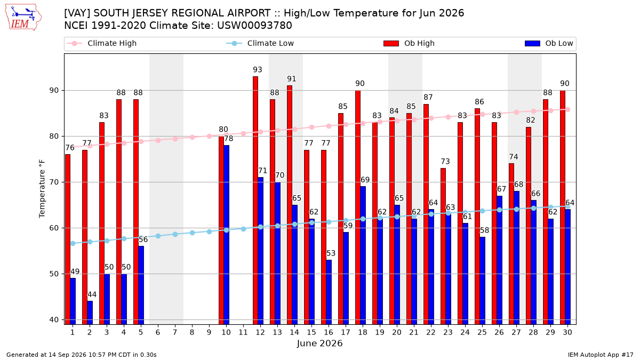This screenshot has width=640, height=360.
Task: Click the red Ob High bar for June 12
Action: tap(255, 201)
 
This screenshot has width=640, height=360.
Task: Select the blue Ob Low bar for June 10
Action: tap(226, 235)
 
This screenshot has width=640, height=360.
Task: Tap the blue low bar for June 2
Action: tap(90, 313)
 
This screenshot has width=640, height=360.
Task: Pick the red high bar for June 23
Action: tap(443, 246)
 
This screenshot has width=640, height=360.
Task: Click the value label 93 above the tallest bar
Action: tap(258, 70)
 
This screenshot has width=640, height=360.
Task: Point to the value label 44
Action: tap(92, 294)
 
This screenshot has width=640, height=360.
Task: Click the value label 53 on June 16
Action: tap(331, 253)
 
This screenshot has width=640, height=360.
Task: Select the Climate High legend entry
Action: tap(102, 43)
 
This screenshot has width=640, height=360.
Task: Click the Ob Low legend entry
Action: tap(549, 43)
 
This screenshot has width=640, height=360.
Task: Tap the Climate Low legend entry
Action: tap(260, 43)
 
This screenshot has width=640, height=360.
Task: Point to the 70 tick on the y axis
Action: tap(54, 182)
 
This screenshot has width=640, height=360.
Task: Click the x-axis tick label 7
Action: tap(175, 333)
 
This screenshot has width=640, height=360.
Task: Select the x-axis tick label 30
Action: tap(567, 333)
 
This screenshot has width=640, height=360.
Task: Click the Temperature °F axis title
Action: tap(42, 189)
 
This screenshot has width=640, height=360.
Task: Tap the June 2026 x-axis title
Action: tap(319, 343)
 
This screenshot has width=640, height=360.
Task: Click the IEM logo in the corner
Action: tap(23, 18)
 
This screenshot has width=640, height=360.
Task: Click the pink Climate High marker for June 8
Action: tap(192, 138)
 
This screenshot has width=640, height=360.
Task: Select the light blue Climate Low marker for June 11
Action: tap(243, 229)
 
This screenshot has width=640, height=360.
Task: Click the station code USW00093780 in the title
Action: tap(254, 26)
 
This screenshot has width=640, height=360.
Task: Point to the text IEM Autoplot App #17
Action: tap(601, 355)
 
